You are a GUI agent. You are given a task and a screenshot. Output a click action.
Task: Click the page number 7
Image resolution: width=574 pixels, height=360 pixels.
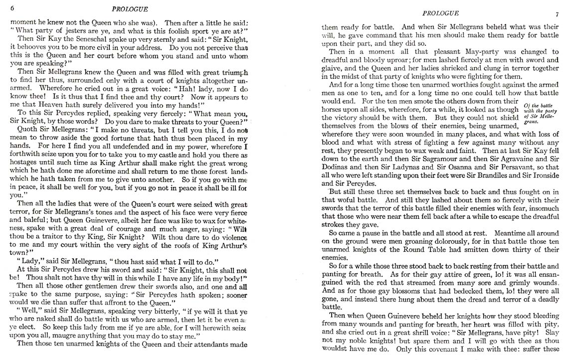(x=558, y=14)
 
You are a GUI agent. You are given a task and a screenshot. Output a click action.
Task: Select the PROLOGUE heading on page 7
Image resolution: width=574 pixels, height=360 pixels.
(x=440, y=13)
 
